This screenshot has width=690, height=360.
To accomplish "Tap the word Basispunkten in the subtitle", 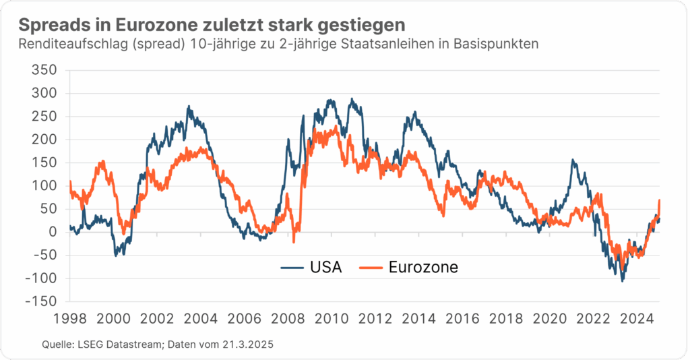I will coord(497,44).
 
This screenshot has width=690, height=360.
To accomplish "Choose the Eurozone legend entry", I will coord(423,267).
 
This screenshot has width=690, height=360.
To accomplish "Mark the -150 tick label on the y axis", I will coord(41,301).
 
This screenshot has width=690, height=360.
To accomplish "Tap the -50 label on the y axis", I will coord(44,255).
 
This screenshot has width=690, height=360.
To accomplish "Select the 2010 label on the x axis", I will coord(331,318).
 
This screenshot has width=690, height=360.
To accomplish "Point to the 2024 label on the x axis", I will coord(635,318).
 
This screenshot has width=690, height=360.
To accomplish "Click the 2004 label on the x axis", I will coord(200,318).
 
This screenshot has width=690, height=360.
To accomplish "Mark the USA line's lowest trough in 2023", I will coord(622,280).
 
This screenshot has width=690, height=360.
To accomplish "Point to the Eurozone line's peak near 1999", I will coord(102,161).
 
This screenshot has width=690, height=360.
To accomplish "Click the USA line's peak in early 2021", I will coord(573,160).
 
